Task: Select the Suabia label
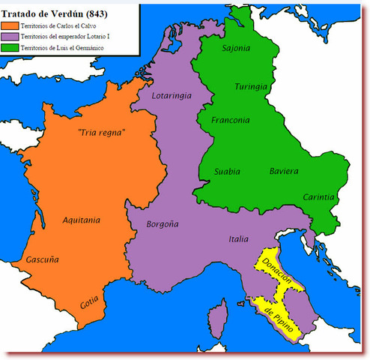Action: pos(228,172)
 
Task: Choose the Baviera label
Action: pos(284,172)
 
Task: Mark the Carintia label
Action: pos(318,196)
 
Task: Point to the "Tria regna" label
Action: pos(100,133)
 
